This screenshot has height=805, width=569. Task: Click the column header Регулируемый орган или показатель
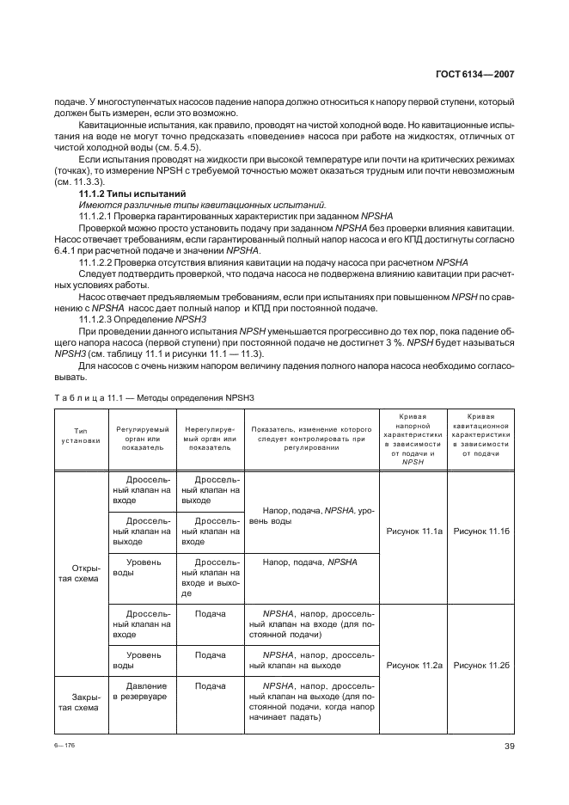point(141,437)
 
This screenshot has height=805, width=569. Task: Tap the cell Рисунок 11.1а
point(414,532)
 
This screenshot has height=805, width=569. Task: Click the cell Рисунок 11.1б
point(481,532)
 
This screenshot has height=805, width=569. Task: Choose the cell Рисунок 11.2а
point(414,665)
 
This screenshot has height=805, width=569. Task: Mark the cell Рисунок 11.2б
point(481,665)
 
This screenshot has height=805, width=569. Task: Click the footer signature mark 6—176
point(64,746)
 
